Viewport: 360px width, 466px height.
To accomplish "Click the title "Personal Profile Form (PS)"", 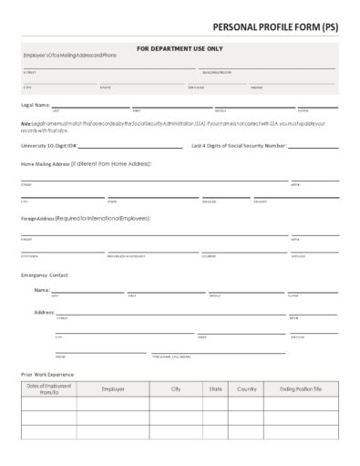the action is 274,28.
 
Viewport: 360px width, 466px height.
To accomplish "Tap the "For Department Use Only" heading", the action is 179,47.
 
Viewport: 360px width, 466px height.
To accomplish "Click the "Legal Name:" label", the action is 34,105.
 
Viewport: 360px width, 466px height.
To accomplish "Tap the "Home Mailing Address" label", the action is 45,164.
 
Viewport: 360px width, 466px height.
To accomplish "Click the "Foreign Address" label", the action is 36,219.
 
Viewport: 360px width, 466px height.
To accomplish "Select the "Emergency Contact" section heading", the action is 44,274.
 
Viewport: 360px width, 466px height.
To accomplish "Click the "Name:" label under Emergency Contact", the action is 42,290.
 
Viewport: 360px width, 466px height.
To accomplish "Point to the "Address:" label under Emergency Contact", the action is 44,312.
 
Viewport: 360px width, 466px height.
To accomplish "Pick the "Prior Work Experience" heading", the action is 46,374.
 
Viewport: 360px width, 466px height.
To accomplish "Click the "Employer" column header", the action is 113,388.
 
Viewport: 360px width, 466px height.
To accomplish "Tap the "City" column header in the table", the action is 176,388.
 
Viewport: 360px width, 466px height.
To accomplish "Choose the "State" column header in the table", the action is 215,388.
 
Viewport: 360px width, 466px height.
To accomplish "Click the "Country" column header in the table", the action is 246,388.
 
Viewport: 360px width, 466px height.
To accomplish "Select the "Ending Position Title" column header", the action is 301,388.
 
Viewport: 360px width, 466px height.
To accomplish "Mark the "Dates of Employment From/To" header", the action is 49,389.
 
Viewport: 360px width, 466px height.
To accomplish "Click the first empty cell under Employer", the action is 113,404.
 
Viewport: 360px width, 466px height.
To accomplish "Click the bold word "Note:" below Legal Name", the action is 26,122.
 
